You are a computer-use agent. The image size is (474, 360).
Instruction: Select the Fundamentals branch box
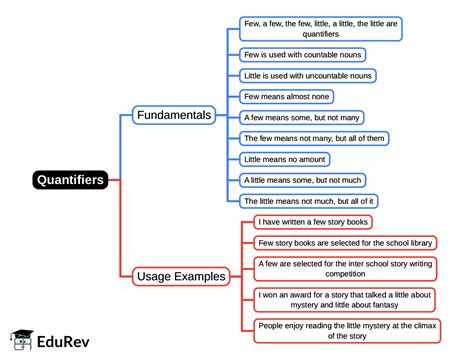click(174, 115)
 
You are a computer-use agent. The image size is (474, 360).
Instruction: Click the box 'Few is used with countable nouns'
click(303, 55)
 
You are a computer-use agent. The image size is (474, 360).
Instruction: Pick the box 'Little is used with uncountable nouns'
click(308, 76)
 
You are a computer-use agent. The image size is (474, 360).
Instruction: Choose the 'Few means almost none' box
click(284, 97)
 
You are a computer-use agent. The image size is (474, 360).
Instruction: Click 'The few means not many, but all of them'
click(315, 138)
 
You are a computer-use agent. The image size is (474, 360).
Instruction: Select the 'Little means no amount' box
click(285, 159)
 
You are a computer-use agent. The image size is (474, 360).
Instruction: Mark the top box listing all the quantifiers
click(321, 28)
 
